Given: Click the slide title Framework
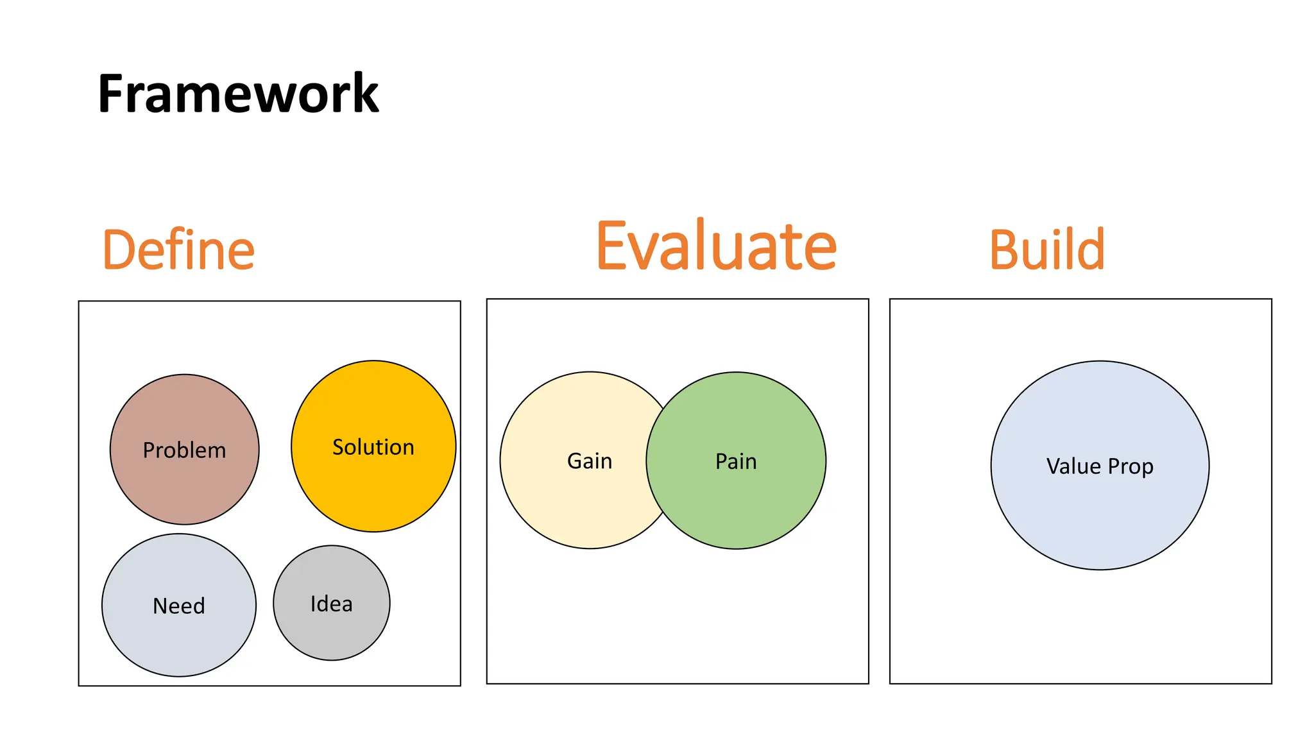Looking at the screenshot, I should click(238, 94).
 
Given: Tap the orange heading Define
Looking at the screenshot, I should click(178, 250).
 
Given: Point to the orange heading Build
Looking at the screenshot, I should click(1047, 250).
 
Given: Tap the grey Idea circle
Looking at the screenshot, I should click(332, 632).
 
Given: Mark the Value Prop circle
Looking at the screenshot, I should click(1100, 513).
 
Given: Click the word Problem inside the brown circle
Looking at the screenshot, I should click(184, 450).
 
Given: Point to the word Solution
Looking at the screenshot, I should click(373, 447).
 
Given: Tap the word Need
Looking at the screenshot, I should click(179, 606).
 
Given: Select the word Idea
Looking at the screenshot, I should click(332, 604).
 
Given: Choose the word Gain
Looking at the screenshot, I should click(590, 461).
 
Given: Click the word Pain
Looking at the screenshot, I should click(736, 461).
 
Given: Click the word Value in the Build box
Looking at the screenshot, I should click(1073, 466).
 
